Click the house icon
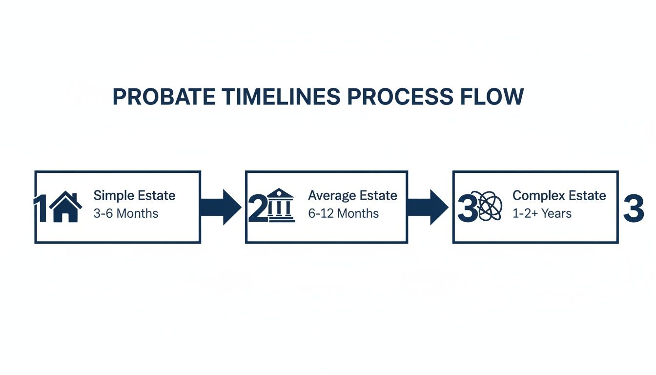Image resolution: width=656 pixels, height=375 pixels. [x=65, y=207]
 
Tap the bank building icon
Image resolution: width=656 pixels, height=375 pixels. [x=281, y=206]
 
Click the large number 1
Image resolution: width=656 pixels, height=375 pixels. [x=41, y=209]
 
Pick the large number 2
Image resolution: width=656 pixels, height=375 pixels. [x=257, y=209]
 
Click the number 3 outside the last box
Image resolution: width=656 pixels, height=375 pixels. [x=634, y=209]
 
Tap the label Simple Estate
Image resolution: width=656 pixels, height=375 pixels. [x=134, y=196]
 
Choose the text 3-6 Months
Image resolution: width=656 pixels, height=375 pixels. [x=125, y=213]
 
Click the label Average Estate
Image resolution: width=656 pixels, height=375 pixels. [x=352, y=196]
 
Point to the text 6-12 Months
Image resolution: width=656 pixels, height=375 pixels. [x=343, y=213]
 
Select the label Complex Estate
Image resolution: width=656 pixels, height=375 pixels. [x=559, y=196]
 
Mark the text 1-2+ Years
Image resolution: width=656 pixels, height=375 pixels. [x=542, y=213]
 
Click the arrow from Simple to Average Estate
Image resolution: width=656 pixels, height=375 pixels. [x=221, y=207]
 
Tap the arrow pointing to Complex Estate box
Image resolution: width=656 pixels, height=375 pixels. [x=428, y=207]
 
